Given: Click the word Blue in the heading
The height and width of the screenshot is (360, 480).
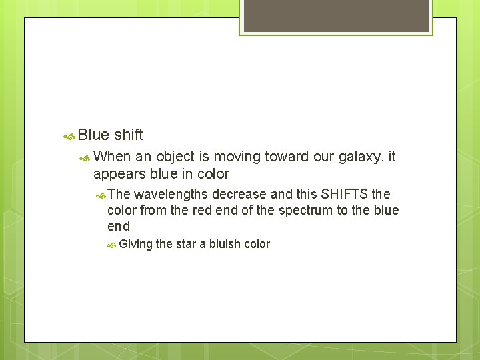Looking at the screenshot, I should [x=93, y=135].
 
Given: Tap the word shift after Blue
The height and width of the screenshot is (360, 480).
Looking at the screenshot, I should [x=129, y=135].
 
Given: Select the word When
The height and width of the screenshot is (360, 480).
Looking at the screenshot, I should [x=113, y=157].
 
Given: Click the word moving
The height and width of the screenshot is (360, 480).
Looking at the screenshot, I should [x=237, y=157].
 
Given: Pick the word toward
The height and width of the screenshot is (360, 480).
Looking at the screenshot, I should [x=287, y=157].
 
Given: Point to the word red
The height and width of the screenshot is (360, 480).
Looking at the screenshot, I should [x=203, y=211].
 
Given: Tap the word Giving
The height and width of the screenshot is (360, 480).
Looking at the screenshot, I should [x=136, y=244].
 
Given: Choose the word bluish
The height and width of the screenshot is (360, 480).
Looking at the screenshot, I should [x=225, y=244].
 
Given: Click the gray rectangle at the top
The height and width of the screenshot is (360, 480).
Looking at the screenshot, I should [x=336, y=15].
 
